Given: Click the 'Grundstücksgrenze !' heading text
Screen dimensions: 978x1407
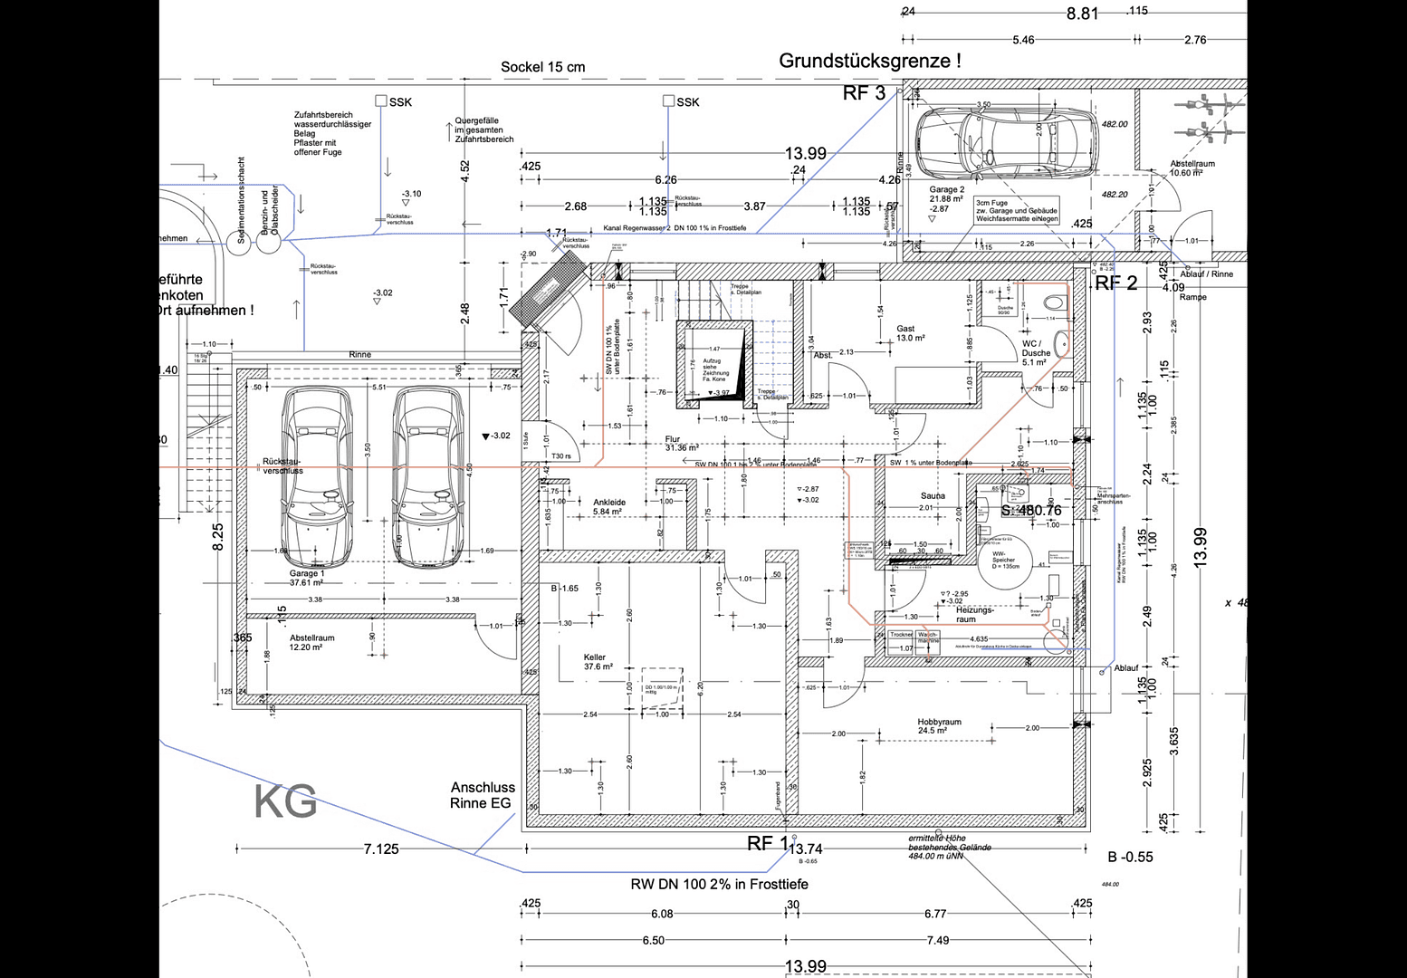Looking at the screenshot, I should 869,61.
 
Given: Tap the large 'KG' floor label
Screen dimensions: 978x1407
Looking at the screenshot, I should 285,801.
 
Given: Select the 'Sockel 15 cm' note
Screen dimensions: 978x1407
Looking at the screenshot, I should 542,67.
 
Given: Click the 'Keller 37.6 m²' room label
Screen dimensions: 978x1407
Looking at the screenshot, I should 598,662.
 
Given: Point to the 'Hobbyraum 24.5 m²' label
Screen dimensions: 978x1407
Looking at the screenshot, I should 939,726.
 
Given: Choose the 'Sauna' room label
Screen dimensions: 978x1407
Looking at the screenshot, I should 933,495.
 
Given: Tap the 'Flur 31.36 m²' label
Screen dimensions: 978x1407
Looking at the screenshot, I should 681,443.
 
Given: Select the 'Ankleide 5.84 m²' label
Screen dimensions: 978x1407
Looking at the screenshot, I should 608,506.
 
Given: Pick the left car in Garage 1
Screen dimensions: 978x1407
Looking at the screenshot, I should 316,476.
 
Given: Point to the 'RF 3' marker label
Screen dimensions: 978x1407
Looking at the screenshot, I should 864,93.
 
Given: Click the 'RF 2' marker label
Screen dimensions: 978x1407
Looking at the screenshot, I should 1115,283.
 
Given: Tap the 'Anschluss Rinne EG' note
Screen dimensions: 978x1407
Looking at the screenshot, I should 482,795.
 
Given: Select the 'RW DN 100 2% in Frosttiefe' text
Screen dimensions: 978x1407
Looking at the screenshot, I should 719,884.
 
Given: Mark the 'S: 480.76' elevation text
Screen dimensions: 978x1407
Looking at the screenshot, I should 1030,511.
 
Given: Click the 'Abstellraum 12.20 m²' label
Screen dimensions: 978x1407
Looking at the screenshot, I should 311,642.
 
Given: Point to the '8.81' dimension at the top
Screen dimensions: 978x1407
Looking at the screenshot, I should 1082,14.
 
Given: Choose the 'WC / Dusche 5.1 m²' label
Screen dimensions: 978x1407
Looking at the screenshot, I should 1035,352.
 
